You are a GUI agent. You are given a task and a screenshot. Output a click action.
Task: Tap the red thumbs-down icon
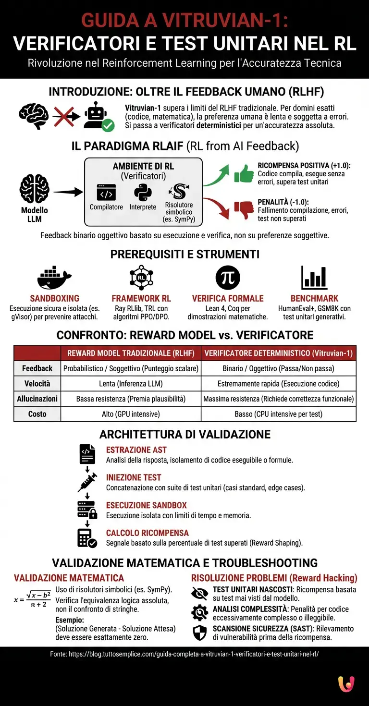click(244, 209)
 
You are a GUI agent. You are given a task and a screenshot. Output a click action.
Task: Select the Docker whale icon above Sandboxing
click(54, 278)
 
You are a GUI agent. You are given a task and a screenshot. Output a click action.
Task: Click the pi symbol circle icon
click(228, 278)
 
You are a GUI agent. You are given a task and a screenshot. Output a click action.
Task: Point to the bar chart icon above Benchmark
click(314, 278)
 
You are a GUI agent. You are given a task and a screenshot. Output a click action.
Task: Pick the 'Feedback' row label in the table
click(37, 368)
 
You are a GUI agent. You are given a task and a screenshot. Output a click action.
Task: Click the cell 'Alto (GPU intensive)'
click(131, 414)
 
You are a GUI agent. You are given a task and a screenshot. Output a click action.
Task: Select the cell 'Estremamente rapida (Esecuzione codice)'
click(279, 384)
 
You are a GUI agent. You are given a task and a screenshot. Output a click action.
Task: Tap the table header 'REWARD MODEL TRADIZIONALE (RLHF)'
click(131, 353)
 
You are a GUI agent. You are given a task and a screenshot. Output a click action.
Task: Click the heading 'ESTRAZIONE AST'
click(136, 450)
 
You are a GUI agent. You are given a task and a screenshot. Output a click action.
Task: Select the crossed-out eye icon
click(199, 594)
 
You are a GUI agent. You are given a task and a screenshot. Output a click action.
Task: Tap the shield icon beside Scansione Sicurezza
click(199, 633)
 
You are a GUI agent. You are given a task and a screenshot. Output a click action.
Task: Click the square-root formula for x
click(33, 599)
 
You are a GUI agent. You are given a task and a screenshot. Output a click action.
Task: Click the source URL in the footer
click(184, 654)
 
